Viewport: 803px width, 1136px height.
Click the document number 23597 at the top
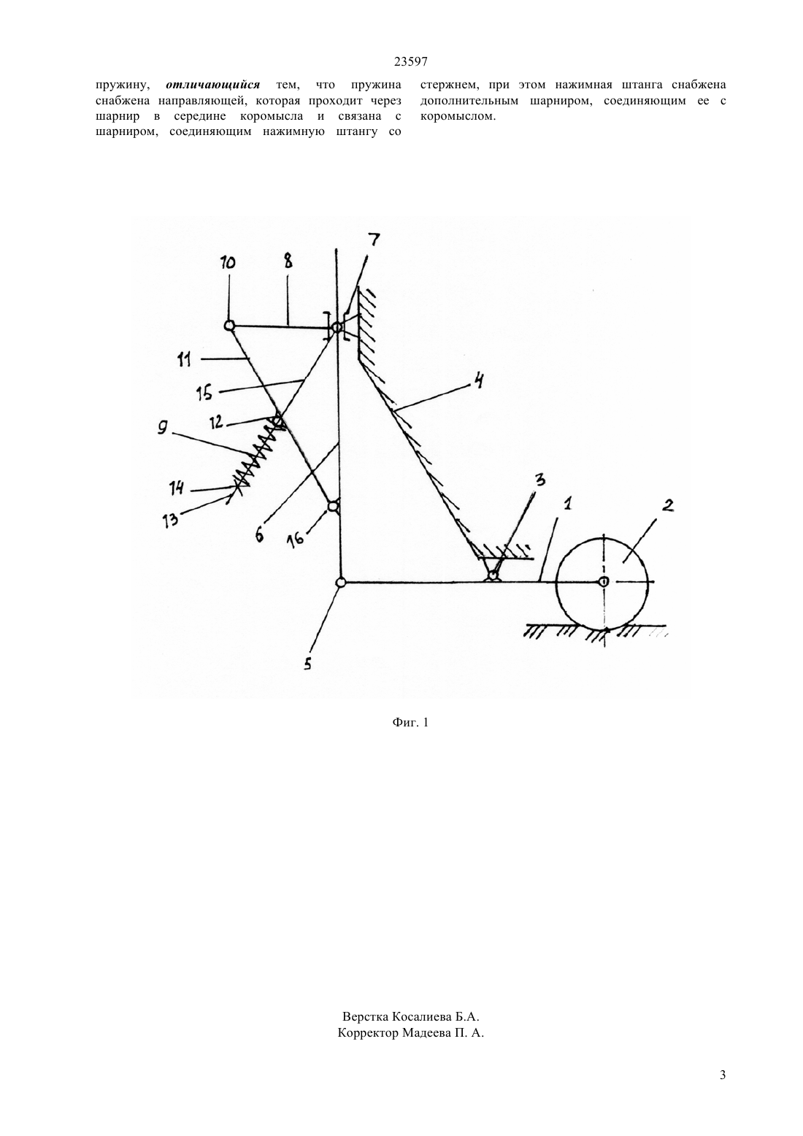[410, 62]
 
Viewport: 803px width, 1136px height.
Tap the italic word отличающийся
[213, 85]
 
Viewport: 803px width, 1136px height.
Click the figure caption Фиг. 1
[410, 721]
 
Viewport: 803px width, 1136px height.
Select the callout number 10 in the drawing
[228, 263]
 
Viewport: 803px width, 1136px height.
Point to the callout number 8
[288, 261]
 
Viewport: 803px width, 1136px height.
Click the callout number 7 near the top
[374, 239]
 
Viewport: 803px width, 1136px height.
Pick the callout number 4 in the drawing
[478, 380]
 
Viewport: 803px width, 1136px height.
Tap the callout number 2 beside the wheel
[668, 505]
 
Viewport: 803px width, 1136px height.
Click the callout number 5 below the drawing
[308, 664]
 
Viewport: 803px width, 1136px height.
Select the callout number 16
[296, 537]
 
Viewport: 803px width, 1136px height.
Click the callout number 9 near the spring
[162, 428]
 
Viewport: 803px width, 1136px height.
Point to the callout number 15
[204, 394]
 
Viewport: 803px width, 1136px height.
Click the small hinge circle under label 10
[229, 326]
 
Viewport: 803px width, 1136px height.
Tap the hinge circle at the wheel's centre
[603, 582]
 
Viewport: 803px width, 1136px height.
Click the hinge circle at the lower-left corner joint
[341, 583]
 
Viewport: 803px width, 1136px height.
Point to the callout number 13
[170, 520]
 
